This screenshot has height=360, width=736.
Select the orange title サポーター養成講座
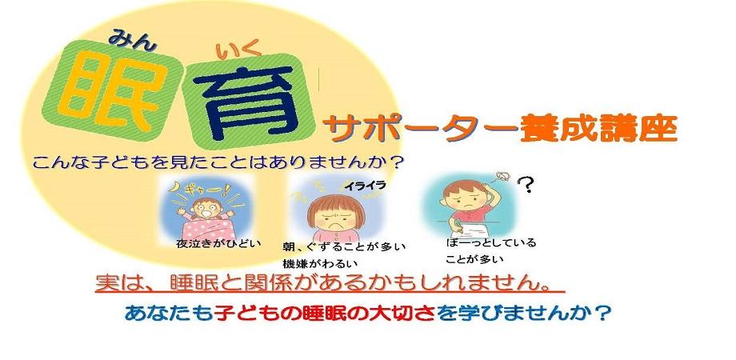(x=499, y=127)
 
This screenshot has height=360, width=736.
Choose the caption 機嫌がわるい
(x=320, y=262)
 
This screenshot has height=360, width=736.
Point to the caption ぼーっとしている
(x=492, y=242)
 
